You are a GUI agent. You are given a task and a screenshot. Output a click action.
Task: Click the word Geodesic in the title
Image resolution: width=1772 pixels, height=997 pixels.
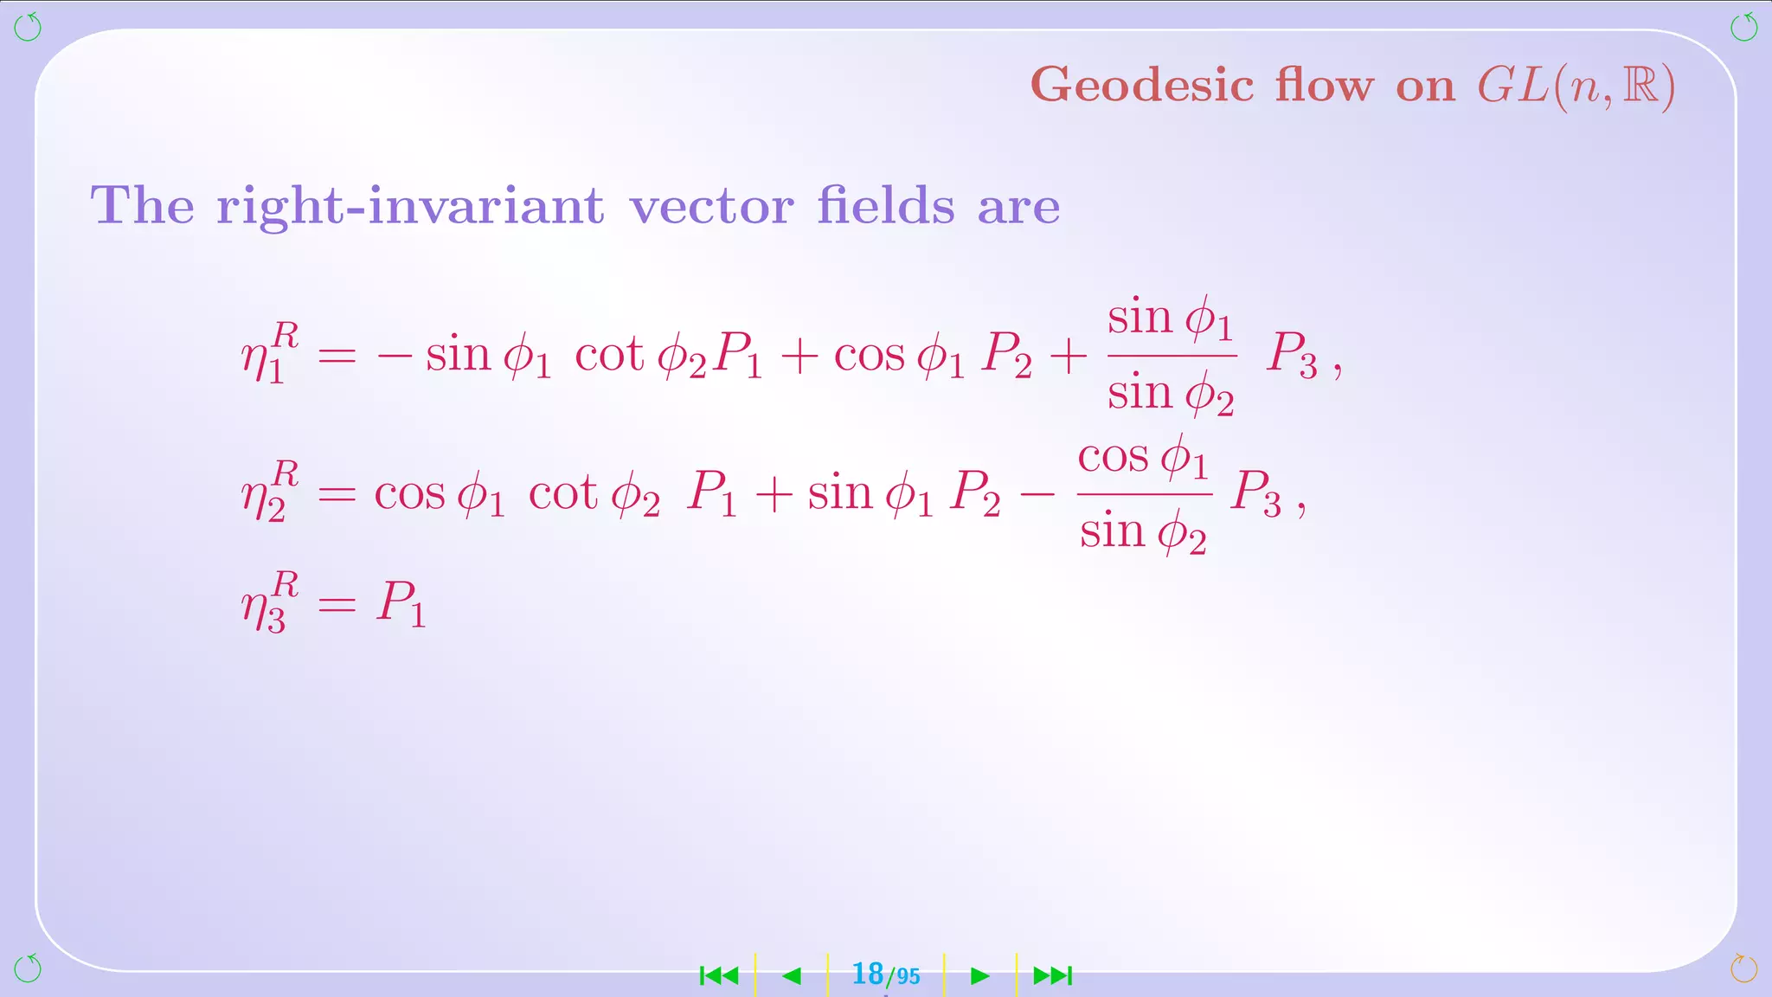tap(1142, 87)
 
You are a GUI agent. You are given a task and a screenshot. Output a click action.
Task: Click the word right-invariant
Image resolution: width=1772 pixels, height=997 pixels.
tap(410, 206)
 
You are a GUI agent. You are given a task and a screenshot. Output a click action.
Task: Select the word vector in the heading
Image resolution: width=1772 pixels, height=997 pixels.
tap(711, 206)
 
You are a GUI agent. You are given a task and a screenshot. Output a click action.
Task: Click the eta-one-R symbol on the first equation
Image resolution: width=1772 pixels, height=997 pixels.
tap(270, 352)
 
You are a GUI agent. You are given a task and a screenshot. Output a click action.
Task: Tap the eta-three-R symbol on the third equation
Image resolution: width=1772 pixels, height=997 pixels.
tap(270, 602)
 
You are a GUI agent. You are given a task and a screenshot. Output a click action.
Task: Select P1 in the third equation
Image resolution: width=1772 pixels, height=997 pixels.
tap(401, 602)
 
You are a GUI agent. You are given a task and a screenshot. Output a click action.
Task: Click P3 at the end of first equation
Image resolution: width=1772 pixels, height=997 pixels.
tap(1292, 355)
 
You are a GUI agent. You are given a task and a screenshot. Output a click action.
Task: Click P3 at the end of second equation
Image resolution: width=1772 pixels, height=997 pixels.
tap(1256, 493)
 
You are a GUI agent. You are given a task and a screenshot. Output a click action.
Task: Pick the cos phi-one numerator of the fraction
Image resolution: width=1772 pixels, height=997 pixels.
tap(1142, 457)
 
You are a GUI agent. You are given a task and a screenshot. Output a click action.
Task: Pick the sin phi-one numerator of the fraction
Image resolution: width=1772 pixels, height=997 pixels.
tap(1170, 318)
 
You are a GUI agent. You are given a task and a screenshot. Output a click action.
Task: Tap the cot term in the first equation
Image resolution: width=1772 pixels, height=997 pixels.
tap(609, 355)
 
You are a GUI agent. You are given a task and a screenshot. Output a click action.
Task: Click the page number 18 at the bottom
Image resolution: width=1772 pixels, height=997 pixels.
tap(867, 974)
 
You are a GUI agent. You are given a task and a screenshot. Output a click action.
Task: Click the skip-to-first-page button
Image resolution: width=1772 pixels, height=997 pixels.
tap(719, 976)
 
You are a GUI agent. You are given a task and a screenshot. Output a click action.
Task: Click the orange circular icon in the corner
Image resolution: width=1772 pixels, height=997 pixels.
tap(1743, 968)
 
